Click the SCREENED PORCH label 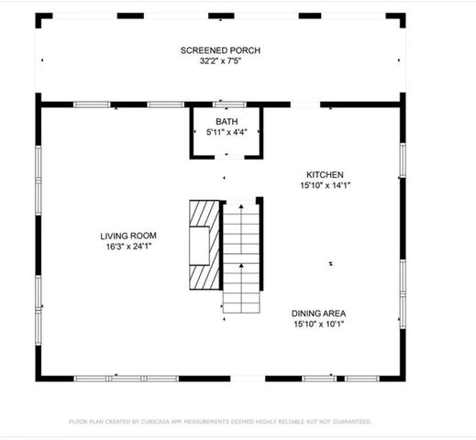pos(220,49)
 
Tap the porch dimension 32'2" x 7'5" pos(220,61)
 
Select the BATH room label pos(226,121)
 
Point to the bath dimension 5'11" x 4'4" pos(226,133)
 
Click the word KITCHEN pos(325,174)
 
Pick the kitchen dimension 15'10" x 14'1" pos(325,185)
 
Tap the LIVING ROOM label pos(126,236)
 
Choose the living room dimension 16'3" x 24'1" pos(126,247)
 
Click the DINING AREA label pos(319,313)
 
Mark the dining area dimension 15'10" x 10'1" pos(319,324)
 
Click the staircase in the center pos(242,261)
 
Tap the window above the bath pos(226,104)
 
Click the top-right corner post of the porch pos(398,17)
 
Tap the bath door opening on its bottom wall pos(226,158)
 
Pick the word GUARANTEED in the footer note pos(351,422)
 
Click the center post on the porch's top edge pos(220,16)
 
